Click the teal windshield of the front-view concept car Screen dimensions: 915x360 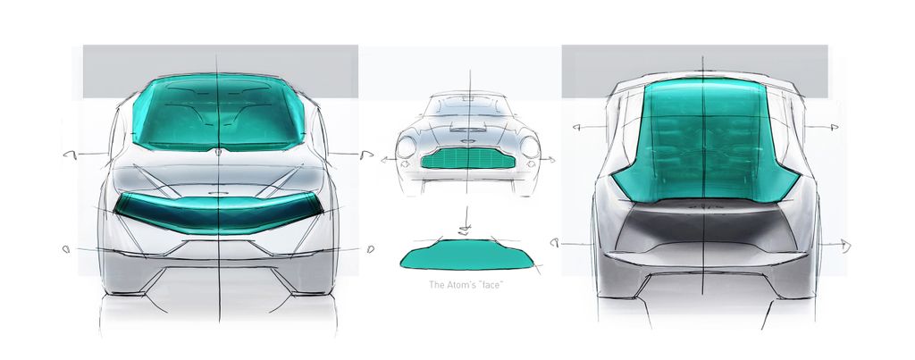[218, 112]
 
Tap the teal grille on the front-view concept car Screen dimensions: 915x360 [218, 212]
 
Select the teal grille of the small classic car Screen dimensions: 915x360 [467, 158]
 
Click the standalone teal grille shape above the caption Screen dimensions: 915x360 [466, 255]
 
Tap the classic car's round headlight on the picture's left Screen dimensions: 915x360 [407, 147]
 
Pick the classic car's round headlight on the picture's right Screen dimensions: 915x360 [530, 147]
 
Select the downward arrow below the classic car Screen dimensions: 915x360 [465, 221]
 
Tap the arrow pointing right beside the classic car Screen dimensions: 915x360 [547, 159]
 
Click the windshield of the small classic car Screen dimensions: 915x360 [468, 106]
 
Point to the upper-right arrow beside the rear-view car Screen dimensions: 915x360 [822, 127]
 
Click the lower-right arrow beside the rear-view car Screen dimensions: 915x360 [835, 245]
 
